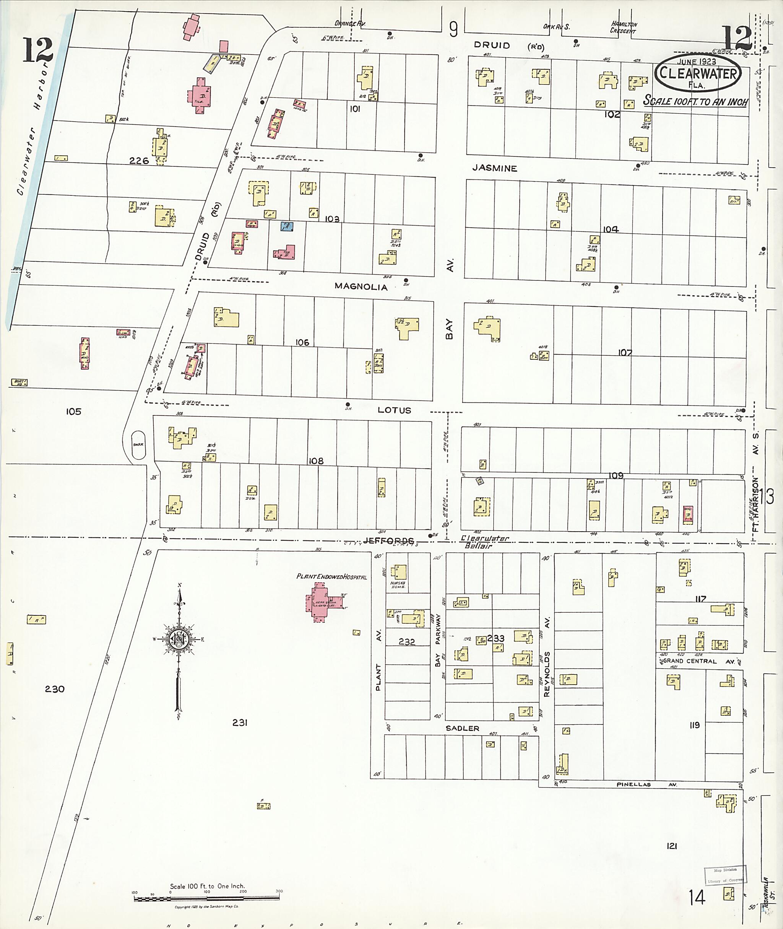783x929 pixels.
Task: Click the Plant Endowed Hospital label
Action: tap(331, 577)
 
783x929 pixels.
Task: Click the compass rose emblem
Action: tap(179, 639)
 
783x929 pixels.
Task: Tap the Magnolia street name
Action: tap(361, 287)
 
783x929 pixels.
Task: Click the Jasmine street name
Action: tap(494, 168)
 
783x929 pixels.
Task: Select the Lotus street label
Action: tap(394, 410)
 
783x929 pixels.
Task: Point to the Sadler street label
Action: tap(463, 728)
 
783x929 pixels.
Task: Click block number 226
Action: tap(139, 161)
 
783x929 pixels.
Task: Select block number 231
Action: tap(240, 723)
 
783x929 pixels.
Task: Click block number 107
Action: tap(625, 353)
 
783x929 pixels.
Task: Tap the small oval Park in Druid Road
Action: tap(138, 444)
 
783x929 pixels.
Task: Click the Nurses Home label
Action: tap(398, 585)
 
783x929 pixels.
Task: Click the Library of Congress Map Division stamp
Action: tap(725, 875)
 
